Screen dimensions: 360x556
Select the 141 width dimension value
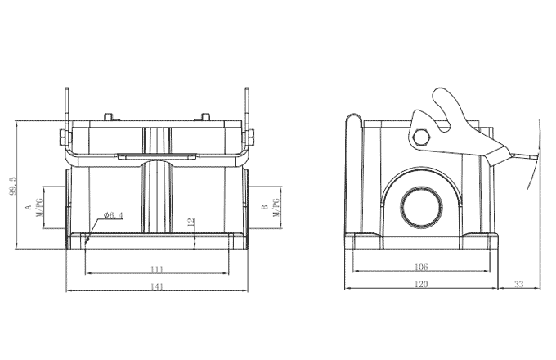[157, 286]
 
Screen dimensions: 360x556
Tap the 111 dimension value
[157, 268]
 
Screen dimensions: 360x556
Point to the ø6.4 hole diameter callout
[112, 216]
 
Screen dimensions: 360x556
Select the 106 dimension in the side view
[421, 268]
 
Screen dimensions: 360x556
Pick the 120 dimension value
[421, 284]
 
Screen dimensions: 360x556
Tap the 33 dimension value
[518, 284]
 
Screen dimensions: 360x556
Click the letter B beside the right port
[264, 208]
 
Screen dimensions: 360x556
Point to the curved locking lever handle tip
[440, 97]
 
